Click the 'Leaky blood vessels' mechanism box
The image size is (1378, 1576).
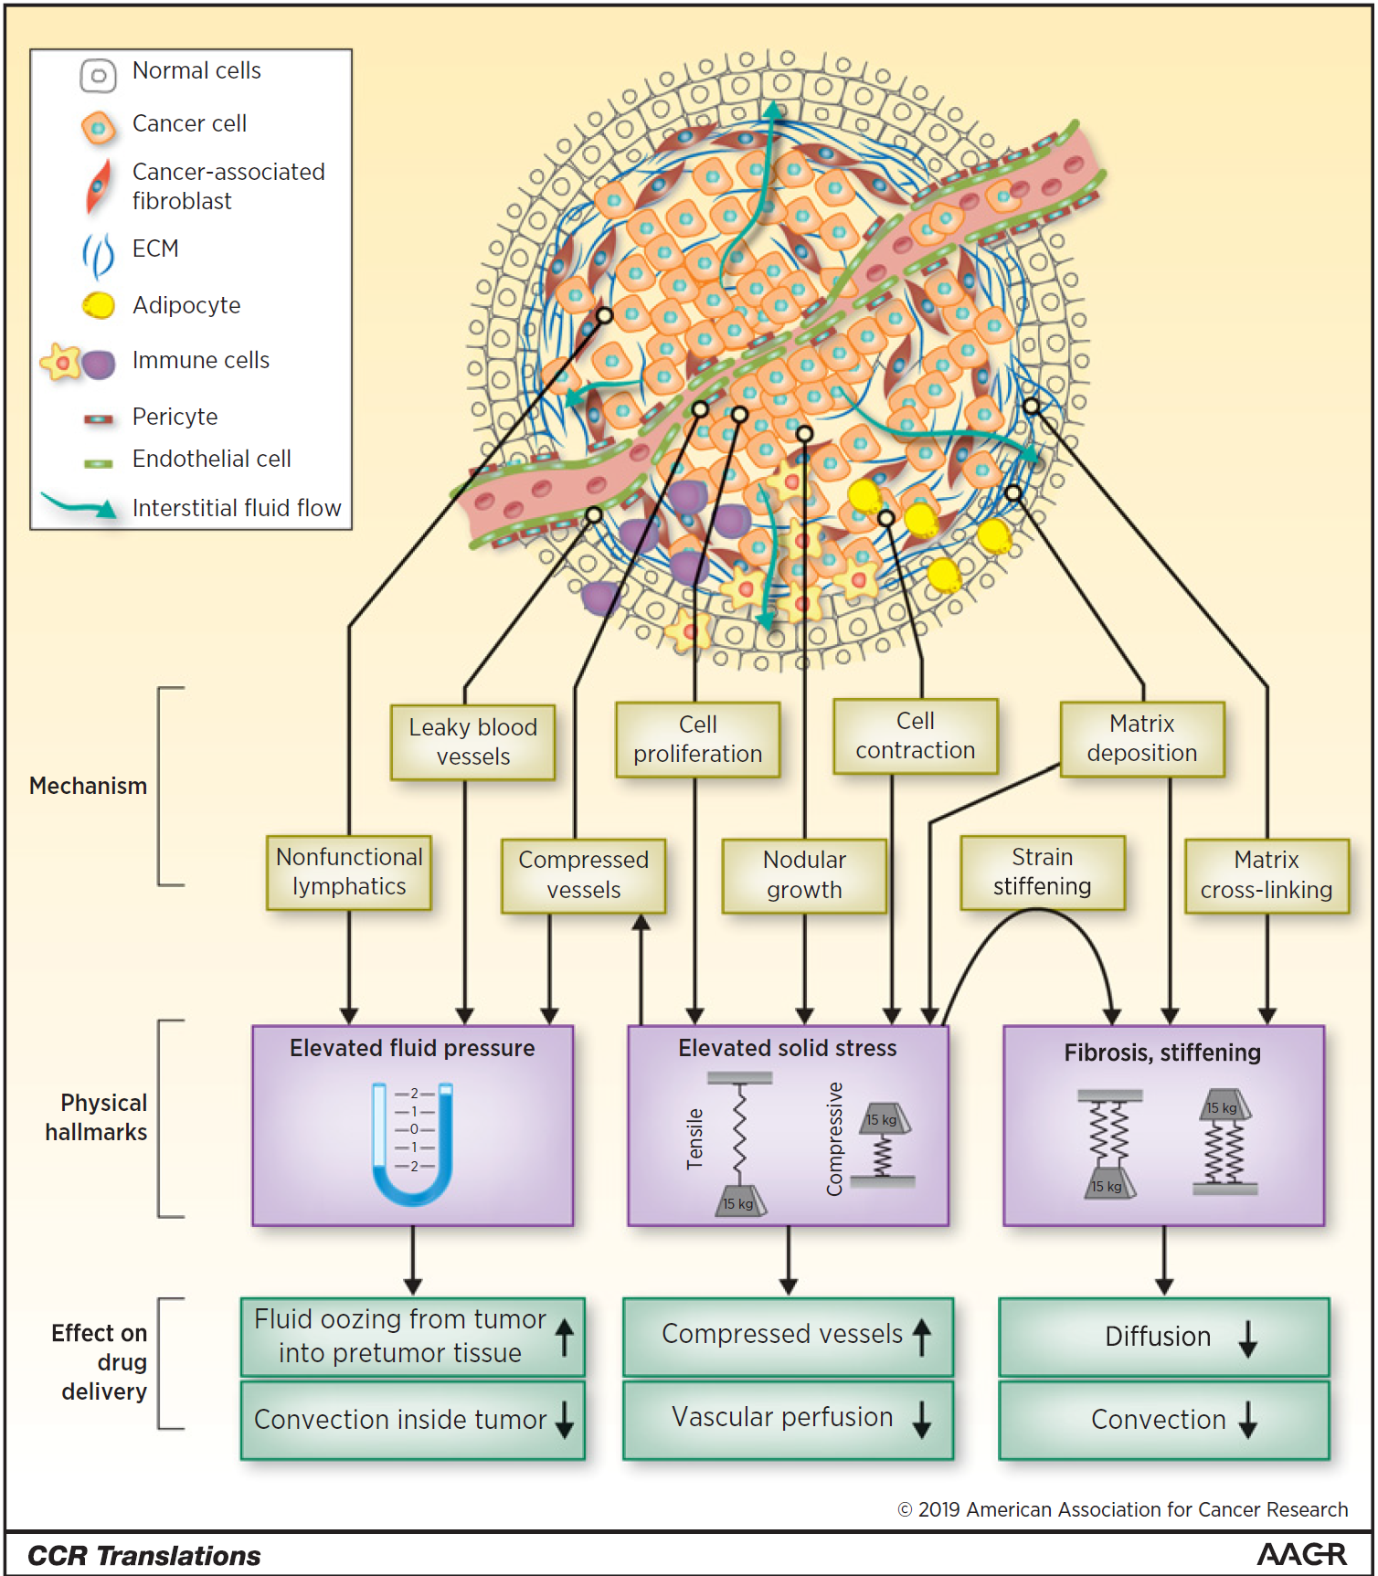pyautogui.click(x=472, y=742)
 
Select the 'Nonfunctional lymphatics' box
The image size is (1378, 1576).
pyautogui.click(x=349, y=873)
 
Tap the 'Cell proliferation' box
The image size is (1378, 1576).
pyautogui.click(x=697, y=739)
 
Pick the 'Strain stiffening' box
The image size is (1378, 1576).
pyautogui.click(x=1042, y=873)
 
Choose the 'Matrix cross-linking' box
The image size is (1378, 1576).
pyautogui.click(x=1266, y=875)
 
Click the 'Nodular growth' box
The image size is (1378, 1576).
pyautogui.click(x=804, y=875)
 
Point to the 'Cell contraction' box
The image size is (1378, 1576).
pyautogui.click(x=915, y=736)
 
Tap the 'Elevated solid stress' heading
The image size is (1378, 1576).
pyautogui.click(x=787, y=1048)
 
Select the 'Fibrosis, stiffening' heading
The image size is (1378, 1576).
pyautogui.click(x=1161, y=1052)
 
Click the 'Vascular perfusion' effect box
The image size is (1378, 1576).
pyautogui.click(x=787, y=1418)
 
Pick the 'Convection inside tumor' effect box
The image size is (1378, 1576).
pyautogui.click(x=412, y=1420)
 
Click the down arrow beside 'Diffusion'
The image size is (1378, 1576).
pyautogui.click(x=1247, y=1338)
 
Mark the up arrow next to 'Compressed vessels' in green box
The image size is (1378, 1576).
pyautogui.click(x=922, y=1336)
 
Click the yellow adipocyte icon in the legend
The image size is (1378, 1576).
pyautogui.click(x=99, y=305)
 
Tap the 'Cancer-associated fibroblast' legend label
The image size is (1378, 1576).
pyautogui.click(x=228, y=185)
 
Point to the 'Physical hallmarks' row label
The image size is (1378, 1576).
pyautogui.click(x=97, y=1117)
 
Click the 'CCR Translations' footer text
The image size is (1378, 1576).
pyautogui.click(x=144, y=1555)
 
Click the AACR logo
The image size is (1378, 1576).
pyautogui.click(x=1301, y=1554)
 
